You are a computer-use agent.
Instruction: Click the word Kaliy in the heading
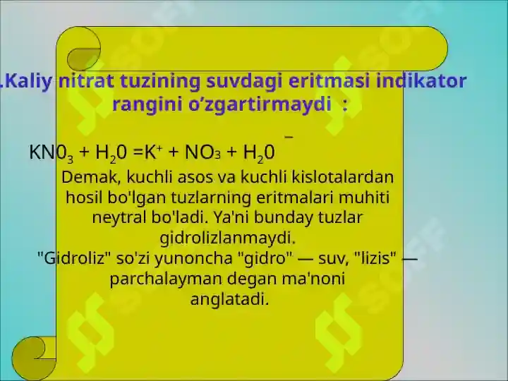tap(28, 81)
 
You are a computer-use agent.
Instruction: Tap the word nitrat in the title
tap(86, 80)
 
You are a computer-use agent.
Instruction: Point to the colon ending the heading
tap(345, 105)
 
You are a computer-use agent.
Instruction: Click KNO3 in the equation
tap(52, 152)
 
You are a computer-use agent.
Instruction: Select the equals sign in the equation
tap(138, 152)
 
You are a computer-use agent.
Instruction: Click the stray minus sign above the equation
tap(289, 137)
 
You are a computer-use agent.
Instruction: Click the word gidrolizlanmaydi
tap(228, 238)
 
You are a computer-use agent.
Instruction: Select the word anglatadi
tap(230, 299)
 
